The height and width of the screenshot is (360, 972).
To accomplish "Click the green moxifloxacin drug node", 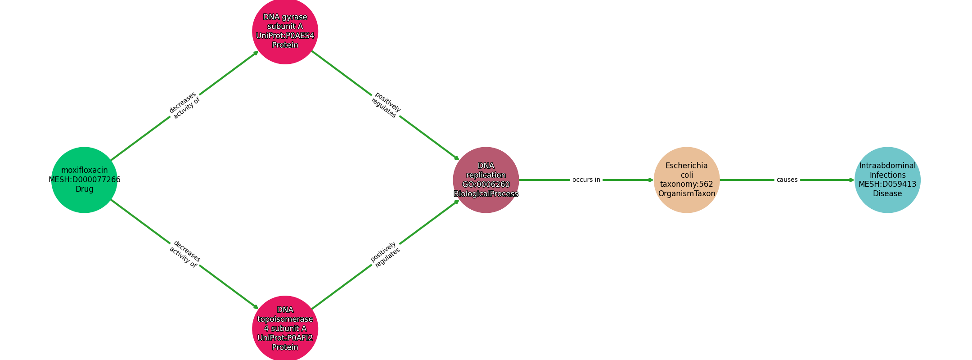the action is (84, 180).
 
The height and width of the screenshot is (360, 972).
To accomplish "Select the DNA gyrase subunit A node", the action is (285, 31).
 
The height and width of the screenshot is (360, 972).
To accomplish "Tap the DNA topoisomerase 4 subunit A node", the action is (285, 328).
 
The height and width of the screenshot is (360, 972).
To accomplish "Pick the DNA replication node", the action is (486, 180).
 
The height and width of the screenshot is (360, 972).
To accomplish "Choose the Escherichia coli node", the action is (687, 180).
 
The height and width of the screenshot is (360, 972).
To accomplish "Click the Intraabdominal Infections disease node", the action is (887, 180).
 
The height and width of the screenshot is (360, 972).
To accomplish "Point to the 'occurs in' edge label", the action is (586, 180).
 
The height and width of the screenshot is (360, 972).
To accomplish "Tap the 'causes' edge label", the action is (787, 180).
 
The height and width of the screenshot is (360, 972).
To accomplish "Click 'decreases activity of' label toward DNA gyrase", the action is (184, 105).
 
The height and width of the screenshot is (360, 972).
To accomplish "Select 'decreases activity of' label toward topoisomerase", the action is (184, 254).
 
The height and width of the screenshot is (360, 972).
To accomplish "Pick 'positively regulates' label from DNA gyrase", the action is (386, 105).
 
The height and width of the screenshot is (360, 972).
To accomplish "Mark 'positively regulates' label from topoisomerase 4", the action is (385, 254).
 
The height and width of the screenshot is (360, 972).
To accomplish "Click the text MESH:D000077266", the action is (85, 180).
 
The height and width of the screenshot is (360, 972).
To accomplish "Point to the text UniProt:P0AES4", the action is (285, 36).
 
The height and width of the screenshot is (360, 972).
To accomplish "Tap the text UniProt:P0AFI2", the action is (285, 338).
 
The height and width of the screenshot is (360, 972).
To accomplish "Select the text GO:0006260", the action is (486, 184).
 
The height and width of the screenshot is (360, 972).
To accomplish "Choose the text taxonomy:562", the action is (687, 184).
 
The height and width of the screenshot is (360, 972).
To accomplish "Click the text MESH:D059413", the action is (887, 184).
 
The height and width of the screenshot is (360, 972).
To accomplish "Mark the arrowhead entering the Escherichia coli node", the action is (651, 180).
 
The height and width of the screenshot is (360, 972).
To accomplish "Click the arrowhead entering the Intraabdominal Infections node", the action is (851, 180).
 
